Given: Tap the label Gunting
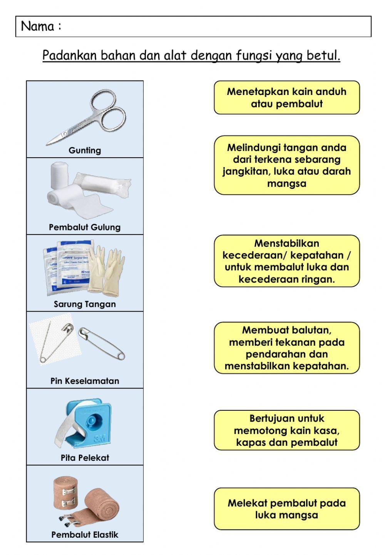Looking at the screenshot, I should (x=85, y=150).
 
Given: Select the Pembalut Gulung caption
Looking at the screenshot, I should (x=85, y=227).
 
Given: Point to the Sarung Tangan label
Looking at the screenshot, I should (x=85, y=304).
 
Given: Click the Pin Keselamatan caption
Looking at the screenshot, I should (x=85, y=381).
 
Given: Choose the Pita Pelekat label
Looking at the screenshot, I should (x=85, y=458).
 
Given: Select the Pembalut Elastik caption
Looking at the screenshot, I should (x=85, y=535).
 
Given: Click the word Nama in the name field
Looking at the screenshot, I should (x=37, y=27).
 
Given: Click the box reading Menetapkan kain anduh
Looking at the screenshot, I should (x=286, y=98).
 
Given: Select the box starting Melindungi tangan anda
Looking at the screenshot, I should (x=286, y=165).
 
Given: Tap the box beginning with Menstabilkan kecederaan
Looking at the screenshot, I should (x=286, y=261).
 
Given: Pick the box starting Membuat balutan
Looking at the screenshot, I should (x=286, y=348).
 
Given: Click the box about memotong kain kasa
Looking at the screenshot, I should (x=286, y=430).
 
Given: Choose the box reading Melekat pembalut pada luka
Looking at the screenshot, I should (x=286, y=509).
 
